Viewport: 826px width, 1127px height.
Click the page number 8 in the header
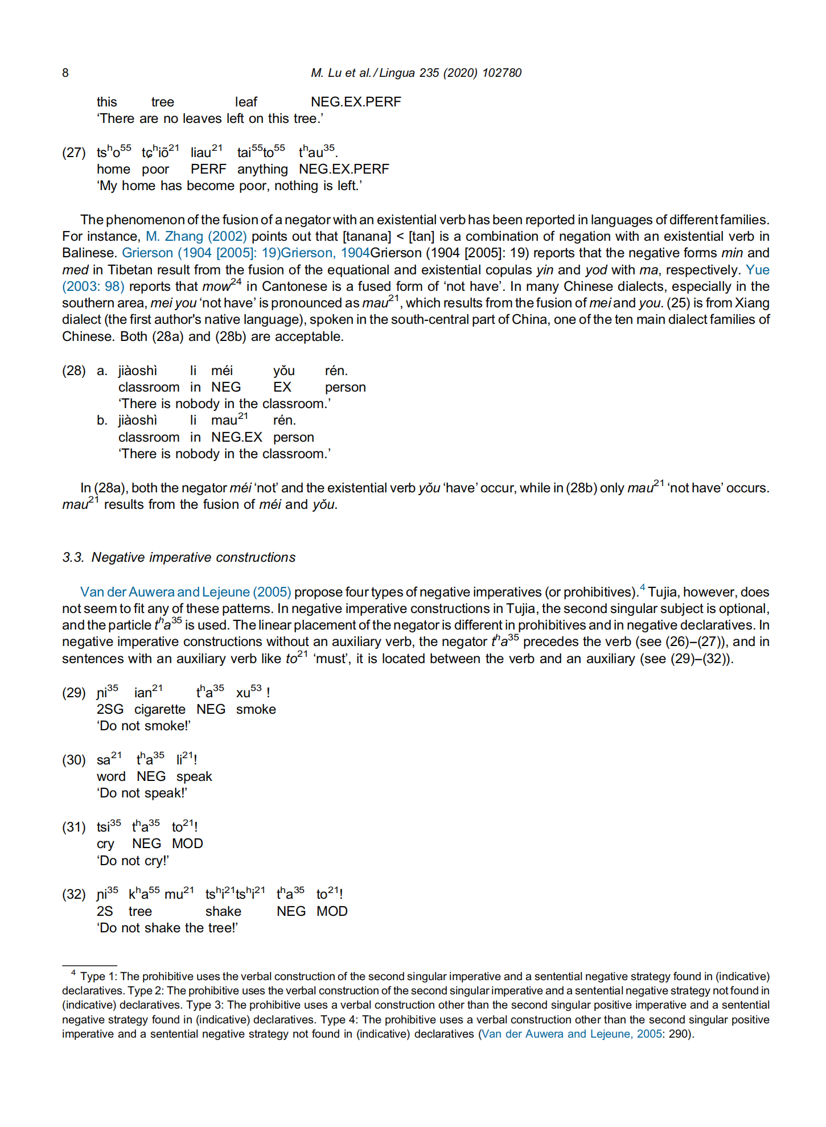pyautogui.click(x=65, y=73)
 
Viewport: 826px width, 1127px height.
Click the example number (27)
pyautogui.click(x=74, y=153)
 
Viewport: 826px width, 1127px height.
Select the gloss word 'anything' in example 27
pyautogui.click(x=262, y=169)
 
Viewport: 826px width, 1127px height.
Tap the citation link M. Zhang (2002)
pyautogui.click(x=196, y=236)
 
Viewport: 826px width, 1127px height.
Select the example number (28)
pyautogui.click(x=74, y=371)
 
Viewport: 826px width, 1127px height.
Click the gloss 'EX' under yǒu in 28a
pyautogui.click(x=282, y=387)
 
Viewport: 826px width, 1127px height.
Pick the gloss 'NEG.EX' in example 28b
pyautogui.click(x=237, y=437)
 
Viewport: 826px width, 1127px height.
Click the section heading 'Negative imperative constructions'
pyautogui.click(x=194, y=557)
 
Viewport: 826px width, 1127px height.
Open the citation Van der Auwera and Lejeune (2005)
pyautogui.click(x=186, y=592)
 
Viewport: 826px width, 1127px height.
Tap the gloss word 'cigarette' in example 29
pyautogui.click(x=160, y=709)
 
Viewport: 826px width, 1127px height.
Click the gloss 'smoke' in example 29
pyautogui.click(x=256, y=709)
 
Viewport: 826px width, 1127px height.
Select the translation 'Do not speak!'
pyautogui.click(x=142, y=793)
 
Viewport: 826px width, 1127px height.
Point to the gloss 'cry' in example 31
pyautogui.click(x=105, y=844)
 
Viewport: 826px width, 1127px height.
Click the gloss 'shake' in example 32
pyautogui.click(x=223, y=911)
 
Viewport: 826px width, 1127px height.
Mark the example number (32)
pyautogui.click(x=74, y=894)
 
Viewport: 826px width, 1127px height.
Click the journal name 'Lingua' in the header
pyautogui.click(x=397, y=73)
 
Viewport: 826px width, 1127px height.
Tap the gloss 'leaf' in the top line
pyautogui.click(x=246, y=102)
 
